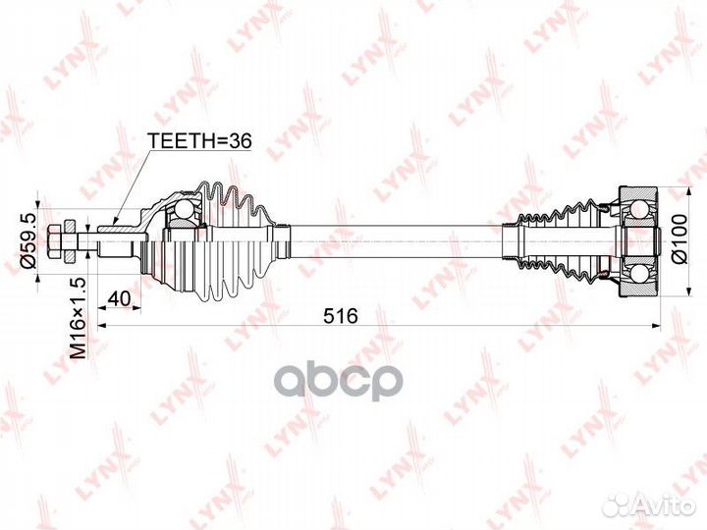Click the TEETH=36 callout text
click(199, 141)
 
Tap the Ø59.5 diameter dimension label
click(29, 241)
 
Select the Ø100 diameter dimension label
click(680, 238)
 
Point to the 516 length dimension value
click(341, 316)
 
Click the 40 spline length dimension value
click(120, 298)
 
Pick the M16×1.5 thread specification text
click(78, 318)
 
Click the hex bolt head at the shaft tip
click(54, 240)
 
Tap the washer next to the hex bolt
click(70, 241)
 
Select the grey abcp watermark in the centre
click(338, 382)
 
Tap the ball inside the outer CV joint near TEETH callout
click(184, 209)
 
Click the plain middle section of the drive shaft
click(397, 240)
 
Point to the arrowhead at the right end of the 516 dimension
click(657, 325)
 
